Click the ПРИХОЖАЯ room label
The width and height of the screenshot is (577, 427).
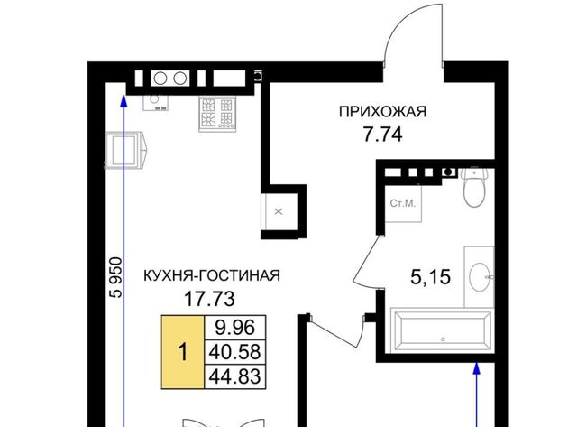pyautogui.click(x=382, y=112)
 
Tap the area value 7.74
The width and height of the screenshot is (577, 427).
pyautogui.click(x=382, y=135)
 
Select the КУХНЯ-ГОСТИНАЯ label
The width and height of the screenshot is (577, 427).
pyautogui.click(x=212, y=275)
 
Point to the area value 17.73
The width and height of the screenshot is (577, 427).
pyautogui.click(x=209, y=299)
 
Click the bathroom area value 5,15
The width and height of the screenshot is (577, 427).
pyautogui.click(x=430, y=276)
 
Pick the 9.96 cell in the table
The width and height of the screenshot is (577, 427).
pyautogui.click(x=235, y=327)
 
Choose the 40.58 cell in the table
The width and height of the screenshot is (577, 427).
pyautogui.click(x=235, y=351)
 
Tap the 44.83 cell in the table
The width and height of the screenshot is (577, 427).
pyautogui.click(x=235, y=376)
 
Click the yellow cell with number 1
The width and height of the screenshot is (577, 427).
pyautogui.click(x=183, y=352)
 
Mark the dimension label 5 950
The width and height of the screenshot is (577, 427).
pyautogui.click(x=116, y=277)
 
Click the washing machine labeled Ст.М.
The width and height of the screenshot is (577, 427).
pyautogui.click(x=403, y=203)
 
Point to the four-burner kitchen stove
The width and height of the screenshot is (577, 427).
pyautogui.click(x=217, y=115)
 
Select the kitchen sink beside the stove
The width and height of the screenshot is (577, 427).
pyautogui.click(x=155, y=100)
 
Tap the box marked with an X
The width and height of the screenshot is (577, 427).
pyautogui.click(x=279, y=211)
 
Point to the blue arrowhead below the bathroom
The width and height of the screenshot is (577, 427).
pyautogui.click(x=477, y=369)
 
